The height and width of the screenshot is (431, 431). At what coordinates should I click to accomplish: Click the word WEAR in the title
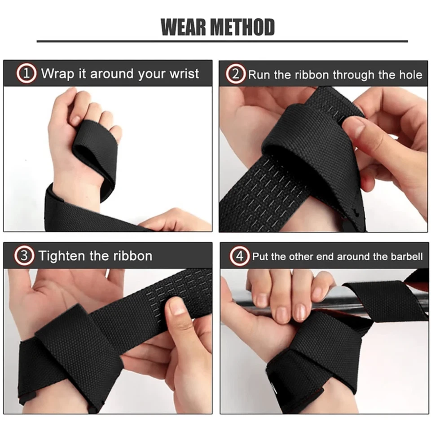coord(183,27)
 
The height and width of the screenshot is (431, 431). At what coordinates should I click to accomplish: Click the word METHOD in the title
coord(242,27)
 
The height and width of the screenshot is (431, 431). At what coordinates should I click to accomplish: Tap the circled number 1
coord(26,73)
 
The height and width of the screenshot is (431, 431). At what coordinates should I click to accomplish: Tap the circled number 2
coord(236,74)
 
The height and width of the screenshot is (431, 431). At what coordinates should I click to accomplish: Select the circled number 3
coord(24,255)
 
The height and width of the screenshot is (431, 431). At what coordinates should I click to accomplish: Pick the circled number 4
coord(239,256)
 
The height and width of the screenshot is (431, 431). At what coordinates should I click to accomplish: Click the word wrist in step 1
coord(184,74)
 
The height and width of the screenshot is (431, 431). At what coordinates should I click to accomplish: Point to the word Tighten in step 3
coord(62,256)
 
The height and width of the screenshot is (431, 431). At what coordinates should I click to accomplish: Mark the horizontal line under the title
coord(222,41)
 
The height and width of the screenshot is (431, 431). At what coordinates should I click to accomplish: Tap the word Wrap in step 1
coord(57,74)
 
